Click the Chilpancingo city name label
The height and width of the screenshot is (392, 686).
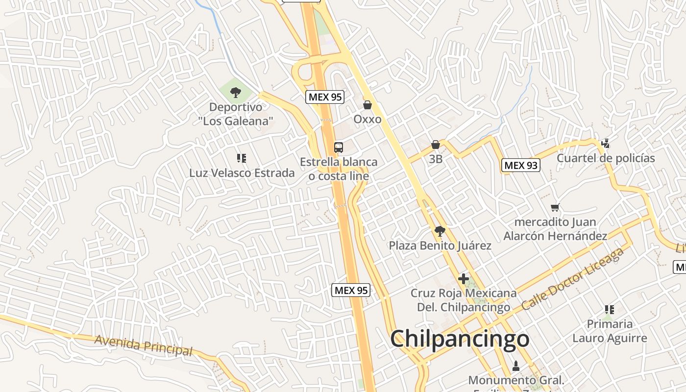point(460,339)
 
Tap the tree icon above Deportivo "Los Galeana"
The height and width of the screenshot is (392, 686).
point(236,92)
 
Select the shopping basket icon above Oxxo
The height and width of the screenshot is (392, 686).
point(367,105)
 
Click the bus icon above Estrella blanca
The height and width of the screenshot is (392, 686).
point(338,147)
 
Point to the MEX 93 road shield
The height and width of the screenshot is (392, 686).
point(521,165)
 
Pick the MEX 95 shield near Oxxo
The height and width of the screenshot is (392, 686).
point(325,97)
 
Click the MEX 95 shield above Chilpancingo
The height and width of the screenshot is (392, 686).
point(350,290)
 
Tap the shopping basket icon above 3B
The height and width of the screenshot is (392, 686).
point(435,145)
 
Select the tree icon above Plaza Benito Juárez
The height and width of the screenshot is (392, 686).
point(440,231)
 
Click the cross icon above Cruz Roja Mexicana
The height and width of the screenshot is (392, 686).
point(463,279)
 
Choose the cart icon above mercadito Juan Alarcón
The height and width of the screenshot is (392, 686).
point(555,207)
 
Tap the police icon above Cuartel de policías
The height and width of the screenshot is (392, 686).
point(606,143)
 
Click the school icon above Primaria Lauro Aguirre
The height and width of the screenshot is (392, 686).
point(609,309)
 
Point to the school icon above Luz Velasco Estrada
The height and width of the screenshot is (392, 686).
point(241,158)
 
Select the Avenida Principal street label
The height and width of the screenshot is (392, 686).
point(144,345)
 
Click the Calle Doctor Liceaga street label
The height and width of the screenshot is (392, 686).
point(572,279)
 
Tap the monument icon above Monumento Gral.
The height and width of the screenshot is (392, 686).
point(515,366)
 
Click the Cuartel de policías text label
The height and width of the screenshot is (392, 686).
point(606,158)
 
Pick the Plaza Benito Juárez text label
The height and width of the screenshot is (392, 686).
point(440,245)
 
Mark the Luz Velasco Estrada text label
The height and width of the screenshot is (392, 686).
point(242,173)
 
